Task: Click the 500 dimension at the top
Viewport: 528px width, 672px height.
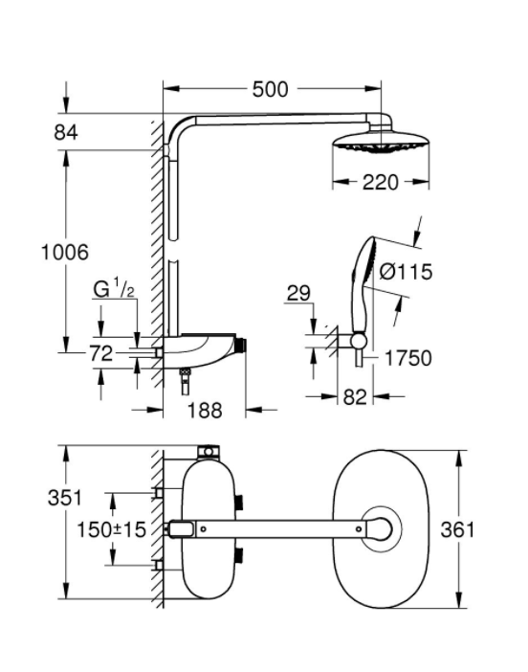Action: [x=270, y=89]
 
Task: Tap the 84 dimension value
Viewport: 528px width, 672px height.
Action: [x=65, y=132]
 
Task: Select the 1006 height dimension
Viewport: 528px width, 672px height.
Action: [x=65, y=252]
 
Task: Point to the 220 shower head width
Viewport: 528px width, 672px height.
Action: [x=381, y=183]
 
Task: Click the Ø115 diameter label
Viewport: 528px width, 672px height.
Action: [x=406, y=272]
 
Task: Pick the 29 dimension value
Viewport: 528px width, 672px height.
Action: [x=298, y=294]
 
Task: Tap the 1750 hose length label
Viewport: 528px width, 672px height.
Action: [x=408, y=358]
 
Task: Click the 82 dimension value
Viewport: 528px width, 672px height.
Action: [x=355, y=397]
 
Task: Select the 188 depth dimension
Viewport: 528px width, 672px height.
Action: [x=205, y=411]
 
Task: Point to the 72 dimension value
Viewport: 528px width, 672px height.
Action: [x=101, y=353]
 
